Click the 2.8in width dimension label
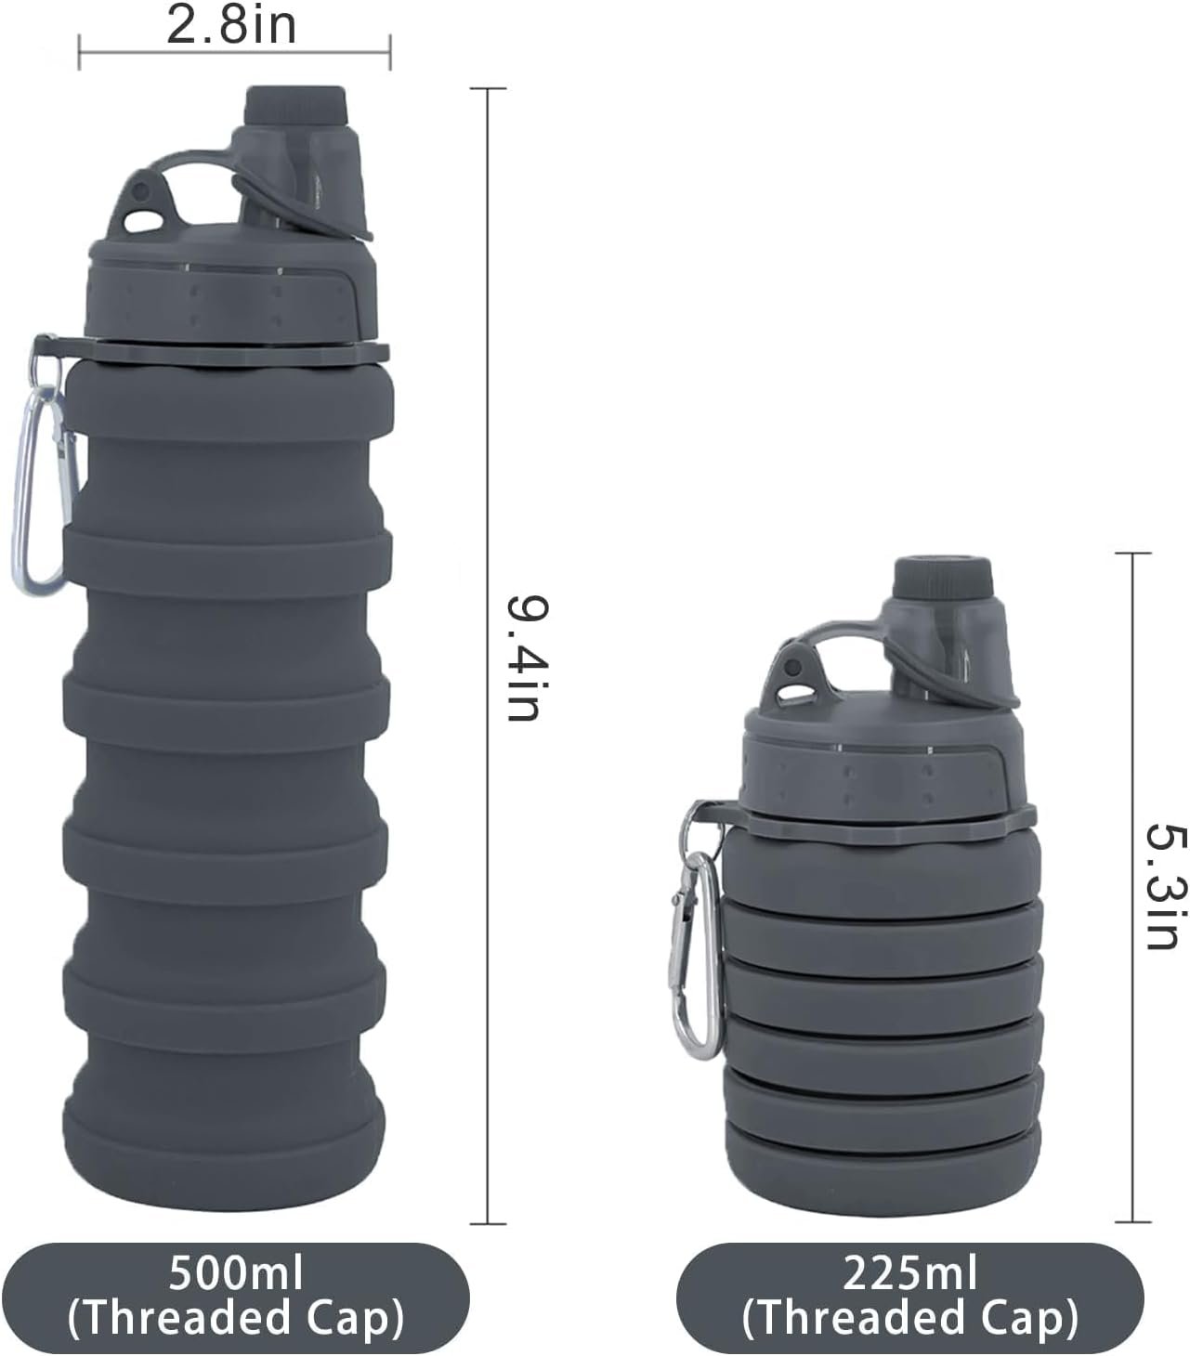pos(231,25)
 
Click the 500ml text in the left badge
pos(236,1273)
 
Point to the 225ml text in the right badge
pos(910,1273)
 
